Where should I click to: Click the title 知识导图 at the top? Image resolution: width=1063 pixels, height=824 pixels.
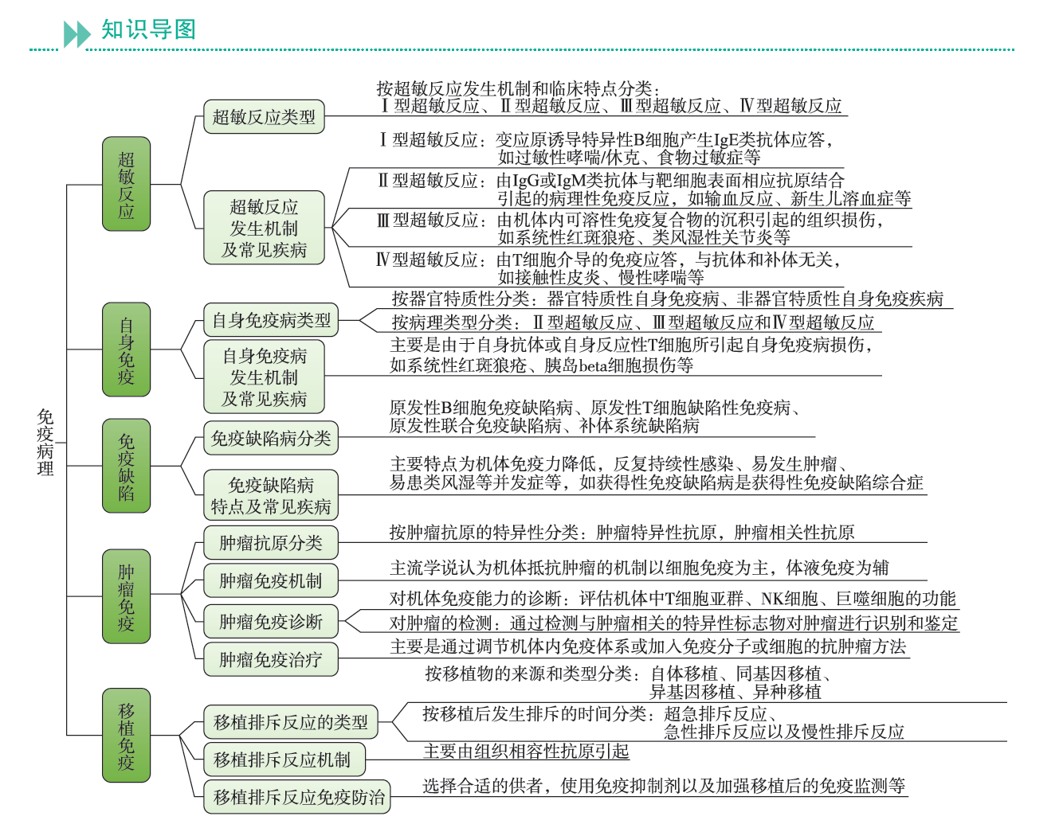148,29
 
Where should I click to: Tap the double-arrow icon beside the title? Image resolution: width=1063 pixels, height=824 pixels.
77,34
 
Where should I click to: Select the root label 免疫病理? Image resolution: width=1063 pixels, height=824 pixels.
45,443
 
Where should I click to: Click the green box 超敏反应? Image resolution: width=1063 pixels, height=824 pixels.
126,185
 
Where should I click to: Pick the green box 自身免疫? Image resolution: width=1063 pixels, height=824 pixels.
126,350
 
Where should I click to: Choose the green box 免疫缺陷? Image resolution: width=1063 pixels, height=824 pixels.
126,466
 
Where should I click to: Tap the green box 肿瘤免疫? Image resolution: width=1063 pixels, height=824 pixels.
126,596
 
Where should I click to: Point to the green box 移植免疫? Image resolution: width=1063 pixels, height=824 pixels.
126,736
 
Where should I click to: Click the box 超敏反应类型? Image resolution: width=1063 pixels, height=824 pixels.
264,117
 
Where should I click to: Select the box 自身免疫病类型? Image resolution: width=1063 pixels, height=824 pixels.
271,320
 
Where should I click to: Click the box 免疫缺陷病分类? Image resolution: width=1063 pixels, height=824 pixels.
271,439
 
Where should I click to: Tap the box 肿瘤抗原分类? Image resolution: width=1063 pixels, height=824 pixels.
271,543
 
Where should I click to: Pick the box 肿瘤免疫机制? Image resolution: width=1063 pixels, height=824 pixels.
271,581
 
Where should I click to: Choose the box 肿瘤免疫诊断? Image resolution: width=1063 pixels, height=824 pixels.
271,622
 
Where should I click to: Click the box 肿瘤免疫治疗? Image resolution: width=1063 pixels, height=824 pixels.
271,660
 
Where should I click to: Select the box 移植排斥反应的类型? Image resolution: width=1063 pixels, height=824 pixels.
291,722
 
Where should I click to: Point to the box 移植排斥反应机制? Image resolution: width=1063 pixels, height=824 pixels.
282,760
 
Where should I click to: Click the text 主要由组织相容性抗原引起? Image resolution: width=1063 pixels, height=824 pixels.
526,752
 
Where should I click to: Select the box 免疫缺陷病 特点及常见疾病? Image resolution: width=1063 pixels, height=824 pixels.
271,496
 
